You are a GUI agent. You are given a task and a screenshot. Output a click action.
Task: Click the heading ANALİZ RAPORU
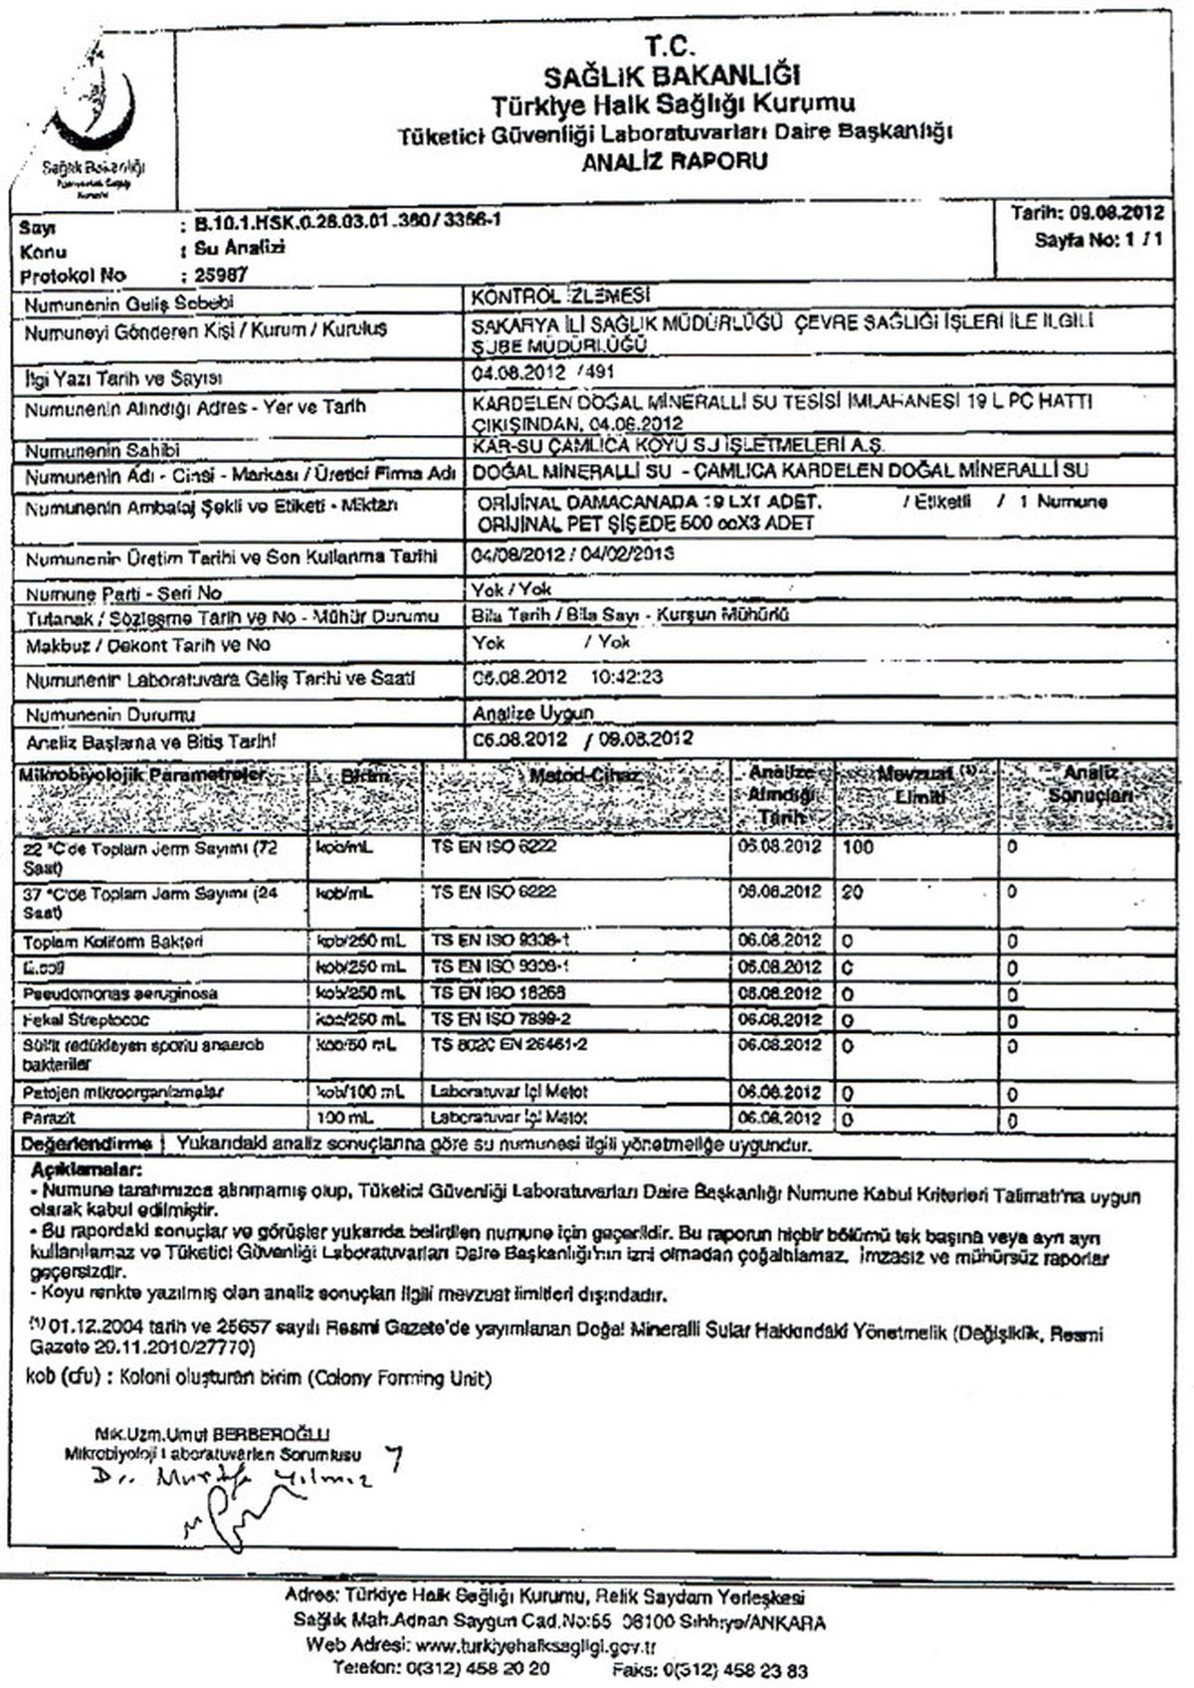pyautogui.click(x=674, y=160)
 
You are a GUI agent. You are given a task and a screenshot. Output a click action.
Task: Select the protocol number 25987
pyautogui.click(x=215, y=275)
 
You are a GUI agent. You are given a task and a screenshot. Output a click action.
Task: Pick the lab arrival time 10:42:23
pyautogui.click(x=628, y=678)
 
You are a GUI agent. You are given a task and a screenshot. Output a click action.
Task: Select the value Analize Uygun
pyautogui.click(x=533, y=713)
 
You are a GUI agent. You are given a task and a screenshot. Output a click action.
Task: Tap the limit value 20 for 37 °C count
pyautogui.click(x=852, y=892)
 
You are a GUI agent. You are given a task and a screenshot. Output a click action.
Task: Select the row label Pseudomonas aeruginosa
pyautogui.click(x=120, y=993)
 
